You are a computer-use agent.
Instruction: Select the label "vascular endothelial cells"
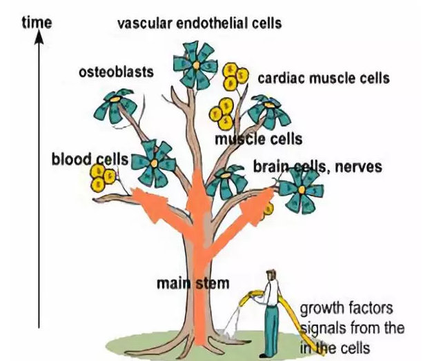pyautogui.click(x=199, y=23)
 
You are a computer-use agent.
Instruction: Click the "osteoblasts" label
pyautogui.click(x=117, y=72)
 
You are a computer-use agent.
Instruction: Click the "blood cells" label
pyautogui.click(x=90, y=160)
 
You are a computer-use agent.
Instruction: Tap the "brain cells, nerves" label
pyautogui.click(x=317, y=167)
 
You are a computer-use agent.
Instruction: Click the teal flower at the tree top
pyautogui.click(x=195, y=64)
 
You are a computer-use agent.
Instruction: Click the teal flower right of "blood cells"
pyautogui.click(x=152, y=162)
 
